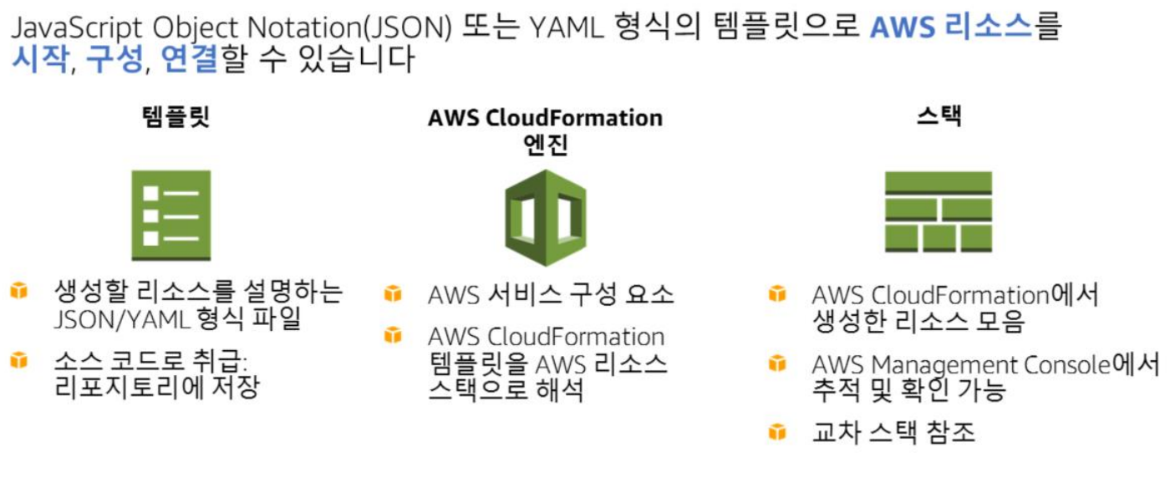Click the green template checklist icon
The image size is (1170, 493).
tap(171, 215)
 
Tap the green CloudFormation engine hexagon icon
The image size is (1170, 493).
tap(545, 217)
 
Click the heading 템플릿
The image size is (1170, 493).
tap(175, 117)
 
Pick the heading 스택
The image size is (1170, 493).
tap(939, 116)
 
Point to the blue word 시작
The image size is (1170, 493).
tap(38, 60)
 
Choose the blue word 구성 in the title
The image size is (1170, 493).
tap(114, 60)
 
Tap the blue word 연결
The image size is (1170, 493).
tap(189, 60)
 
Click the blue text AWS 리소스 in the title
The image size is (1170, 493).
tap(951, 28)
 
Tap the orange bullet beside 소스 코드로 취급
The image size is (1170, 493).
tap(18, 361)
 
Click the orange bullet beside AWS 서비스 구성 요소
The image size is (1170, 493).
tap(392, 294)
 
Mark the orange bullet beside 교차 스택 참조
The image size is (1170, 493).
tap(777, 432)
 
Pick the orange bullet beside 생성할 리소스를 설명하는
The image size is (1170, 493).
tap(18, 292)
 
